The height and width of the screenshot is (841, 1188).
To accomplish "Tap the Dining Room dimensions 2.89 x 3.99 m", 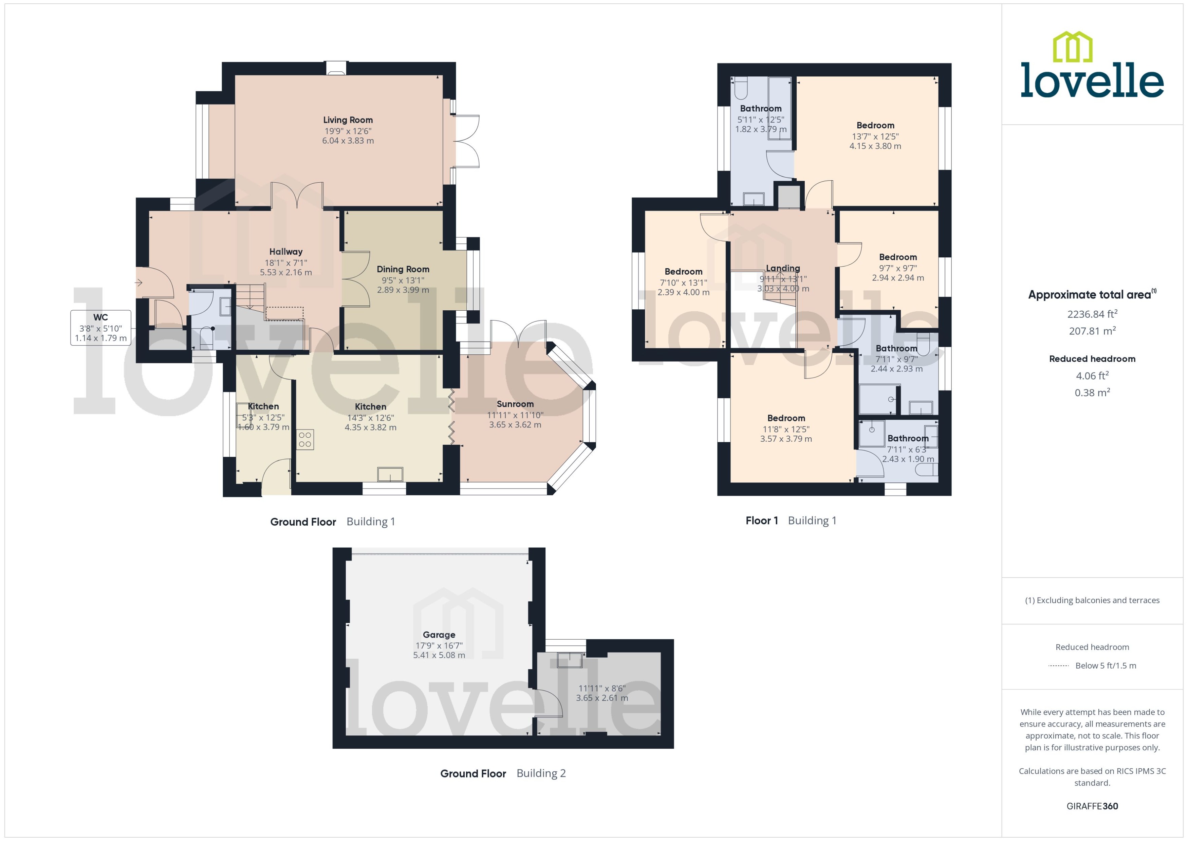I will [403, 290].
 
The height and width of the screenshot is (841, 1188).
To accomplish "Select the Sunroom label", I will [515, 404].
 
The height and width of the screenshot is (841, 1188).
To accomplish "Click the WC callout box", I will [100, 327].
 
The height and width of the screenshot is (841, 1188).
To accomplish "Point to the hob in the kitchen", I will [305, 440].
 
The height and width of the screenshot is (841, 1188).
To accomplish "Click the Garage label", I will [439, 634].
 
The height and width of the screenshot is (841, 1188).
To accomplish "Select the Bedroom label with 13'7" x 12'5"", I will [875, 125].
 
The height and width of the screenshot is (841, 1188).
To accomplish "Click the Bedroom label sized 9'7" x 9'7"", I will [897, 257].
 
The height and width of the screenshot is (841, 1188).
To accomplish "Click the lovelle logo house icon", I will [1073, 47].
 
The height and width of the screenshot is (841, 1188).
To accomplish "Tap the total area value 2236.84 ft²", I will [1092, 314].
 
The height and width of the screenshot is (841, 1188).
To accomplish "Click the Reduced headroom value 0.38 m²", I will [1092, 392].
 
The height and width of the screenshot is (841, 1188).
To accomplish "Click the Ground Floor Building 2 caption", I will [502, 773].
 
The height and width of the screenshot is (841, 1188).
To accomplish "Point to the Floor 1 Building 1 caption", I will [791, 520].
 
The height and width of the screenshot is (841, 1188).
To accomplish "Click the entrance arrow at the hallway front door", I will [139, 283].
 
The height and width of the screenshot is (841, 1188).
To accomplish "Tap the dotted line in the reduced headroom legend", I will [1058, 666].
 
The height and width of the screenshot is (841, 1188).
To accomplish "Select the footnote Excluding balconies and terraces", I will [1092, 600].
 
